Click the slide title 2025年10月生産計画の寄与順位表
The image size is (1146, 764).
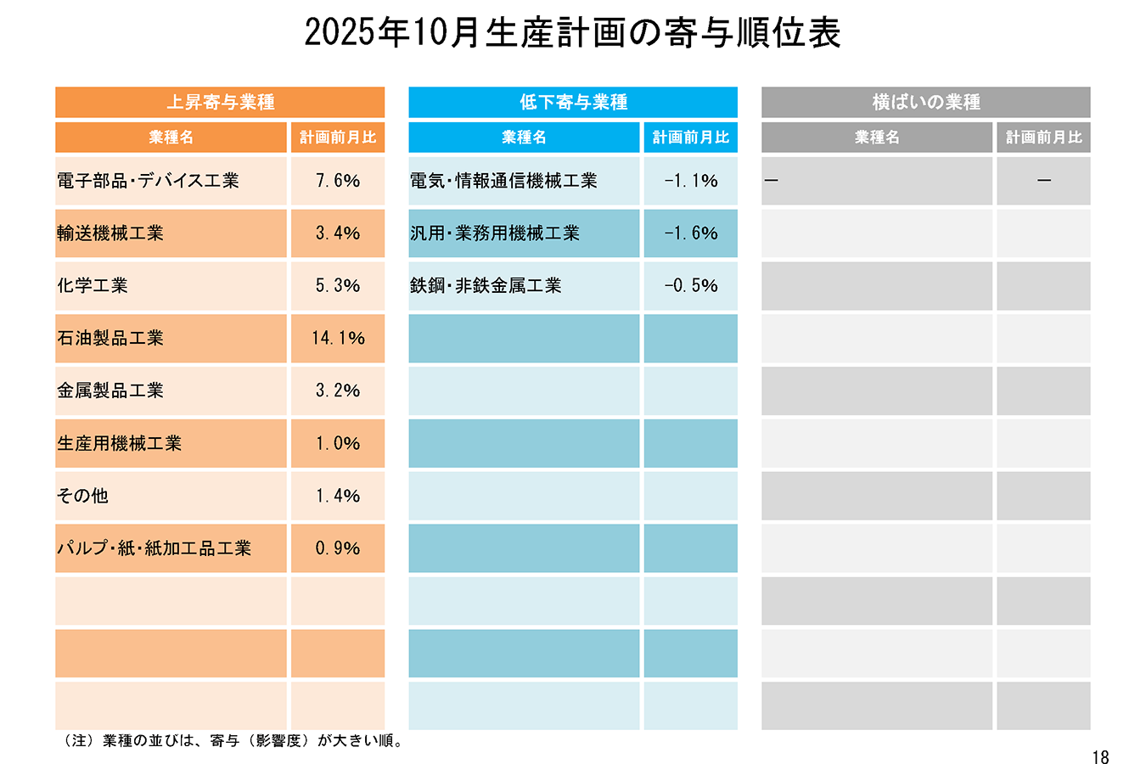pos(572,33)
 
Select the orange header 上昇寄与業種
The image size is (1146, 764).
pos(220,103)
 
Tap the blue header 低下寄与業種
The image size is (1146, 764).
pos(573,103)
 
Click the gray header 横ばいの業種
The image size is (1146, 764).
pos(925,103)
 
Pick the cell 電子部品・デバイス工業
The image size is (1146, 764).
pos(149,181)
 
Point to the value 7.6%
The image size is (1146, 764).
pos(338,181)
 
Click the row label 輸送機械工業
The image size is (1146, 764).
pos(110,233)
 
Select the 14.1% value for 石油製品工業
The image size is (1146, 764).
pos(338,339)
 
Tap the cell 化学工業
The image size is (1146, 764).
pos(93,286)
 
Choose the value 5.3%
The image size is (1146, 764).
pos(338,286)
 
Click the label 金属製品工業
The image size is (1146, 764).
pos(110,390)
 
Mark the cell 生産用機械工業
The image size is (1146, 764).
pos(120,443)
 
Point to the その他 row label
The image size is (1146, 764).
pos(83,496)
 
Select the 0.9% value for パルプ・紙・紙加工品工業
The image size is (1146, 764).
pos(338,548)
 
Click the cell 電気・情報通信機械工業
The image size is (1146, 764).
pos(503,181)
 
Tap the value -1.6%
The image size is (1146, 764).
pos(691,233)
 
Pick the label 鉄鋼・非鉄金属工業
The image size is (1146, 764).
pos(486,286)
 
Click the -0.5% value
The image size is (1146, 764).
pos(691,286)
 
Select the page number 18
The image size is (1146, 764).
pos(1100,757)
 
